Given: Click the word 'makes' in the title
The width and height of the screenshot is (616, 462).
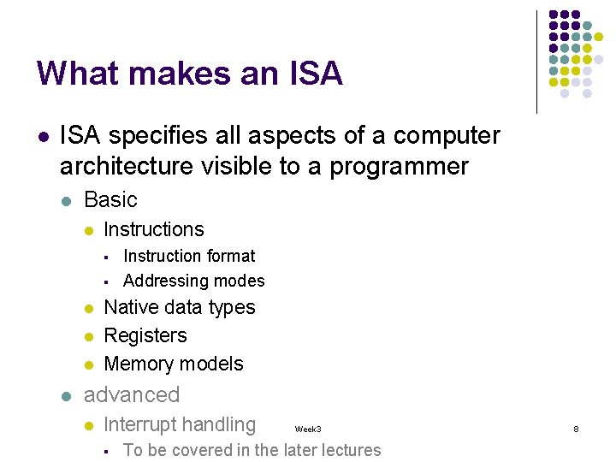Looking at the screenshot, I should pos(172,74).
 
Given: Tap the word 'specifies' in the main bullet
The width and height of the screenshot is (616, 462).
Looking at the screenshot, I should pos(155,136).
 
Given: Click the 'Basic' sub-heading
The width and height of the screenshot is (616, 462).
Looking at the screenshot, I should pos(110,199).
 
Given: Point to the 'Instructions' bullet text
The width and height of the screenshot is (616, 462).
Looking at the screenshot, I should pos(154,229).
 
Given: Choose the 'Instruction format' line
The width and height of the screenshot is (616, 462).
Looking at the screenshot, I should pos(189,256).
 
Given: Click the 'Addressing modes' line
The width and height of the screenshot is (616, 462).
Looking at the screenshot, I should pos(194,281).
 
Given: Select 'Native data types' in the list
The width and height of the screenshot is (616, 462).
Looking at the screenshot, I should pos(180,307).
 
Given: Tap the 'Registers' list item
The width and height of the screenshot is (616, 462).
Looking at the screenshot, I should pos(145,335).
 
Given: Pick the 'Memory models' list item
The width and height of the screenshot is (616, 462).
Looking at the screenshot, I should pos(174,364).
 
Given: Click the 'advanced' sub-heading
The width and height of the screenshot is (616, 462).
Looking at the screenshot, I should pos(132,394).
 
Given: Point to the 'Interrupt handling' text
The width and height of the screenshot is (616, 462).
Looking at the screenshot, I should pos(180,424).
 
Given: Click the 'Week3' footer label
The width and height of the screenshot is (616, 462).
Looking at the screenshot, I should pos(308,429).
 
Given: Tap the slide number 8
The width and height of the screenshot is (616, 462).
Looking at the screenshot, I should pos(576,429).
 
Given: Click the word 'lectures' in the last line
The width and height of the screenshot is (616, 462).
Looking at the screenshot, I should pos(348,450).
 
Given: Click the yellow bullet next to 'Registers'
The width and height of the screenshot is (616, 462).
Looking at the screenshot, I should pos(87,336).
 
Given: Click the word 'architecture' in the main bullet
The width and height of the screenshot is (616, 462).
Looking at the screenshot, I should pos(127,166).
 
